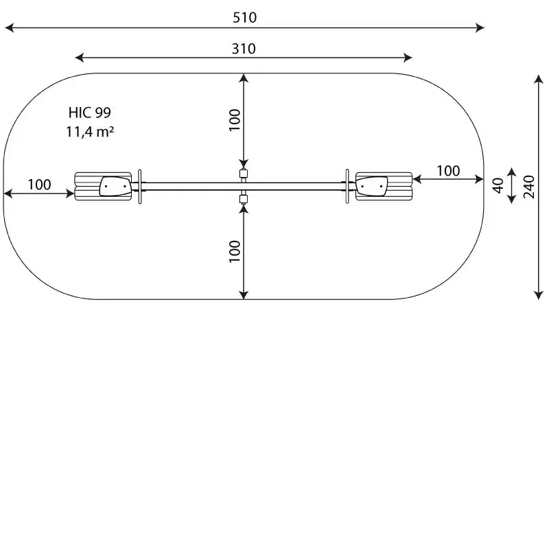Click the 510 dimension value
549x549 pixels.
click(x=244, y=18)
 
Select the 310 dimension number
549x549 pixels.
click(x=244, y=49)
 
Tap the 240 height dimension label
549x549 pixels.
click(x=529, y=187)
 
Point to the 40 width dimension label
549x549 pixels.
click(x=498, y=185)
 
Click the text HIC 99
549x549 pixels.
click(x=90, y=113)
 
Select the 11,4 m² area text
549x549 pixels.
click(x=90, y=132)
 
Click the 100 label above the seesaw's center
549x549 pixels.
click(x=235, y=120)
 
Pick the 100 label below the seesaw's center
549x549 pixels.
click(x=235, y=251)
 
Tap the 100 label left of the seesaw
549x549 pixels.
click(x=39, y=185)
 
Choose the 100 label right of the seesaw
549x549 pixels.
click(x=448, y=171)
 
